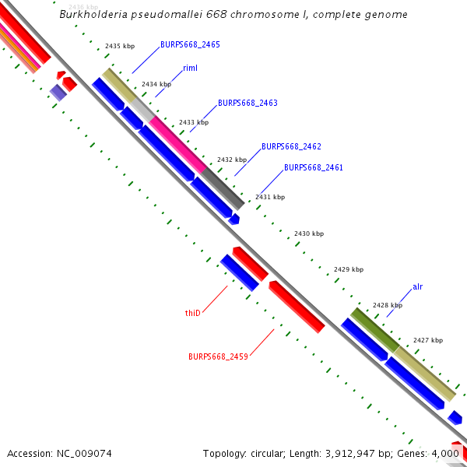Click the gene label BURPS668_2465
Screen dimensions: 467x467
coord(190,45)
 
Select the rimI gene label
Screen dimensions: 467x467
coord(190,68)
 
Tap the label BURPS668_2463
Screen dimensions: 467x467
coord(248,103)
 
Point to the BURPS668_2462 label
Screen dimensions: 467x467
coord(291,146)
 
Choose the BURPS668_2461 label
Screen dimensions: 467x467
coord(313,167)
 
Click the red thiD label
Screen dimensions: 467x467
coord(193,313)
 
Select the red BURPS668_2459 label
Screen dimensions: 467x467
coord(218,356)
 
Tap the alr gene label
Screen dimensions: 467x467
coord(417,287)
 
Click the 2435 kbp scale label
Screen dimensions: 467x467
coord(120,47)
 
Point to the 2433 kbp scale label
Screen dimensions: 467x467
coord(194,122)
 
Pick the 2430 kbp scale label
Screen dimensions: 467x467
coord(308,233)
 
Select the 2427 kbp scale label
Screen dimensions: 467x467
coord(428,340)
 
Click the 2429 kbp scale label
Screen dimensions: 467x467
coord(349,269)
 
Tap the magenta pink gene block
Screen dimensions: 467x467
coord(178,144)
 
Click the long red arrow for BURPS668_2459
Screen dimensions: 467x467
coord(297,307)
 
